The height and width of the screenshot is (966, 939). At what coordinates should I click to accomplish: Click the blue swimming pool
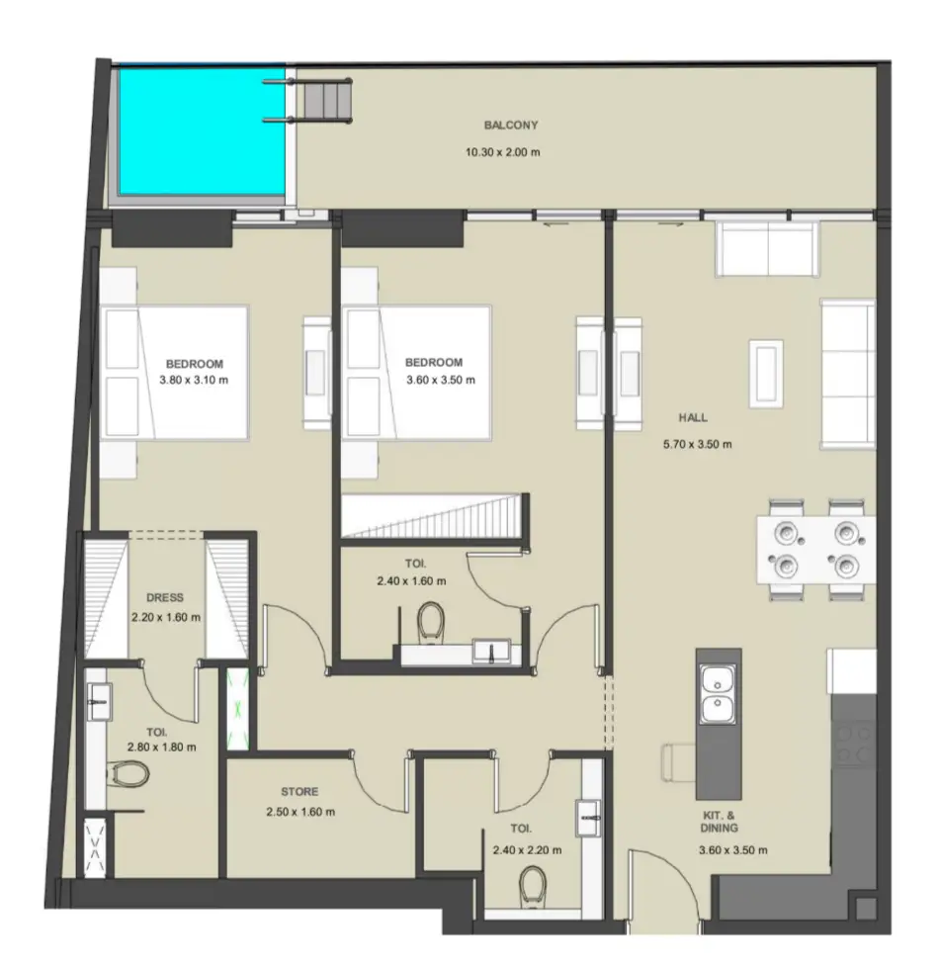[202, 132]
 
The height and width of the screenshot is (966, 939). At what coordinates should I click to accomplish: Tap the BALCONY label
[511, 125]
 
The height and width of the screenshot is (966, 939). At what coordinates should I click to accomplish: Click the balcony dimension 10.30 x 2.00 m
[502, 152]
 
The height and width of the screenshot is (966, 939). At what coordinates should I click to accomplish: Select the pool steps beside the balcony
[320, 101]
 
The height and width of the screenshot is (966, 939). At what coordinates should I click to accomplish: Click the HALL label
[693, 417]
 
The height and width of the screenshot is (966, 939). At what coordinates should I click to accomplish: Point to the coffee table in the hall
[766, 374]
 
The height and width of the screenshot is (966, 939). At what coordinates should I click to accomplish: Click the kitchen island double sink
[718, 694]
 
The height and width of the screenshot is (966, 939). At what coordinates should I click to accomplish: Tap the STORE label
[299, 792]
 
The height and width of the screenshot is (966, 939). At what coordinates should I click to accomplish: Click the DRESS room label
[165, 597]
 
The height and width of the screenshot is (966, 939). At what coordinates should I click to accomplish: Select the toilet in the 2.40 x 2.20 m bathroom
[532, 886]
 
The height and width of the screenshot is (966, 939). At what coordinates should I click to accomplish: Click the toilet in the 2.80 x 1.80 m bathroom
[128, 774]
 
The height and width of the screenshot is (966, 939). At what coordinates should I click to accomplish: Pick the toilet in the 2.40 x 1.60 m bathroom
[431, 621]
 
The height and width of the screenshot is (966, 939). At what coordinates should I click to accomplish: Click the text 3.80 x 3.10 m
[194, 380]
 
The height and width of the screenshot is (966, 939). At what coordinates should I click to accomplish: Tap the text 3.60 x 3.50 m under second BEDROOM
[441, 380]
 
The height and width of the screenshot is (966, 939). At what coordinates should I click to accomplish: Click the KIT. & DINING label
[719, 822]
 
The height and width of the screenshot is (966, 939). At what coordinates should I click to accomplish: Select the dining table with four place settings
[815, 550]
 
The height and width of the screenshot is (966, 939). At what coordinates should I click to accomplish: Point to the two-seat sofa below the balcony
[767, 249]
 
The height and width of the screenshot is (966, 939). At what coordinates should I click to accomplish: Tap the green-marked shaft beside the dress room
[238, 709]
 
